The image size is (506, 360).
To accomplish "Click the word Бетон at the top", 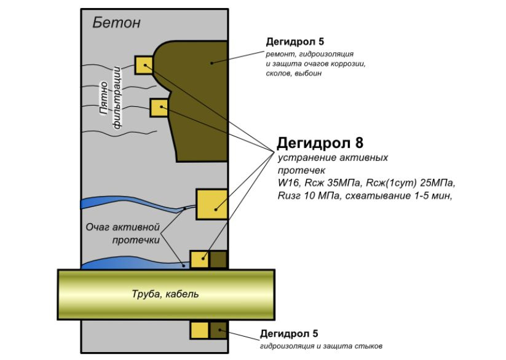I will click(116, 23).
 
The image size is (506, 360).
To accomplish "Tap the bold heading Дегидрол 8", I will click(320, 144).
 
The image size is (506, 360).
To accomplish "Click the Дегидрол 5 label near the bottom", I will click(288, 334).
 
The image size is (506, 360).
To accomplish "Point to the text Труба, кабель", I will click(166, 294).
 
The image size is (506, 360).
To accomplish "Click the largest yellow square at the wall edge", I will click(212, 204).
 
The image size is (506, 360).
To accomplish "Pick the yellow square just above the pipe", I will click(199, 259).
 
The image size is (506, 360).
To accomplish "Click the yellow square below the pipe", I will click(199, 331).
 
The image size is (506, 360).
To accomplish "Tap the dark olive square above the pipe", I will click(218, 259).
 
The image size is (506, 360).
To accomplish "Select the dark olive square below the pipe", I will click(218, 331).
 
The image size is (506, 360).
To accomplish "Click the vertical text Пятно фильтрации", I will click(111, 101).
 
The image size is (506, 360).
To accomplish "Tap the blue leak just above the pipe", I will click(135, 264).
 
